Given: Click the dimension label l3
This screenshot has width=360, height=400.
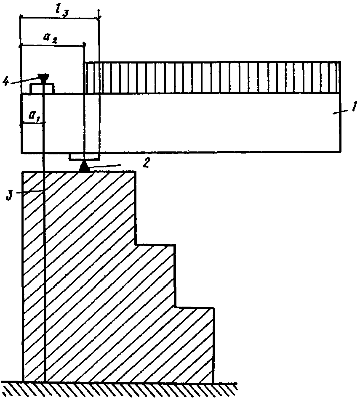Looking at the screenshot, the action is (x=62, y=11).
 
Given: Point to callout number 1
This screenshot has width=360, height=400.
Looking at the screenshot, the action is (x=353, y=106).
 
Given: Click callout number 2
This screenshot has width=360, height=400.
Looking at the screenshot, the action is (x=146, y=162).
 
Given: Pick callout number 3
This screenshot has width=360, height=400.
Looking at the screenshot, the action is (x=10, y=196).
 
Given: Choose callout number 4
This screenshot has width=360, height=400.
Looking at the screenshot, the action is (x=6, y=82).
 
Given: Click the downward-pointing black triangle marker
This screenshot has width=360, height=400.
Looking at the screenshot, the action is (x=43, y=78).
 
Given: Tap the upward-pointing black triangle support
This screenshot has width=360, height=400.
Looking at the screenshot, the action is (x=84, y=167).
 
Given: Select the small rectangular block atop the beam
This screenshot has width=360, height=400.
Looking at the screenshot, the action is (x=42, y=88).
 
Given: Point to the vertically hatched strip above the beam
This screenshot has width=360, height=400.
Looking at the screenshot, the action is (x=213, y=78).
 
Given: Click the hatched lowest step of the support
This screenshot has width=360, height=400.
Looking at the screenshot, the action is (x=194, y=345).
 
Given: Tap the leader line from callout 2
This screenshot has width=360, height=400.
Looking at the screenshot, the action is (x=104, y=166).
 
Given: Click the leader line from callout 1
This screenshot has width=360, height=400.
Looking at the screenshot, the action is (x=341, y=112).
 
